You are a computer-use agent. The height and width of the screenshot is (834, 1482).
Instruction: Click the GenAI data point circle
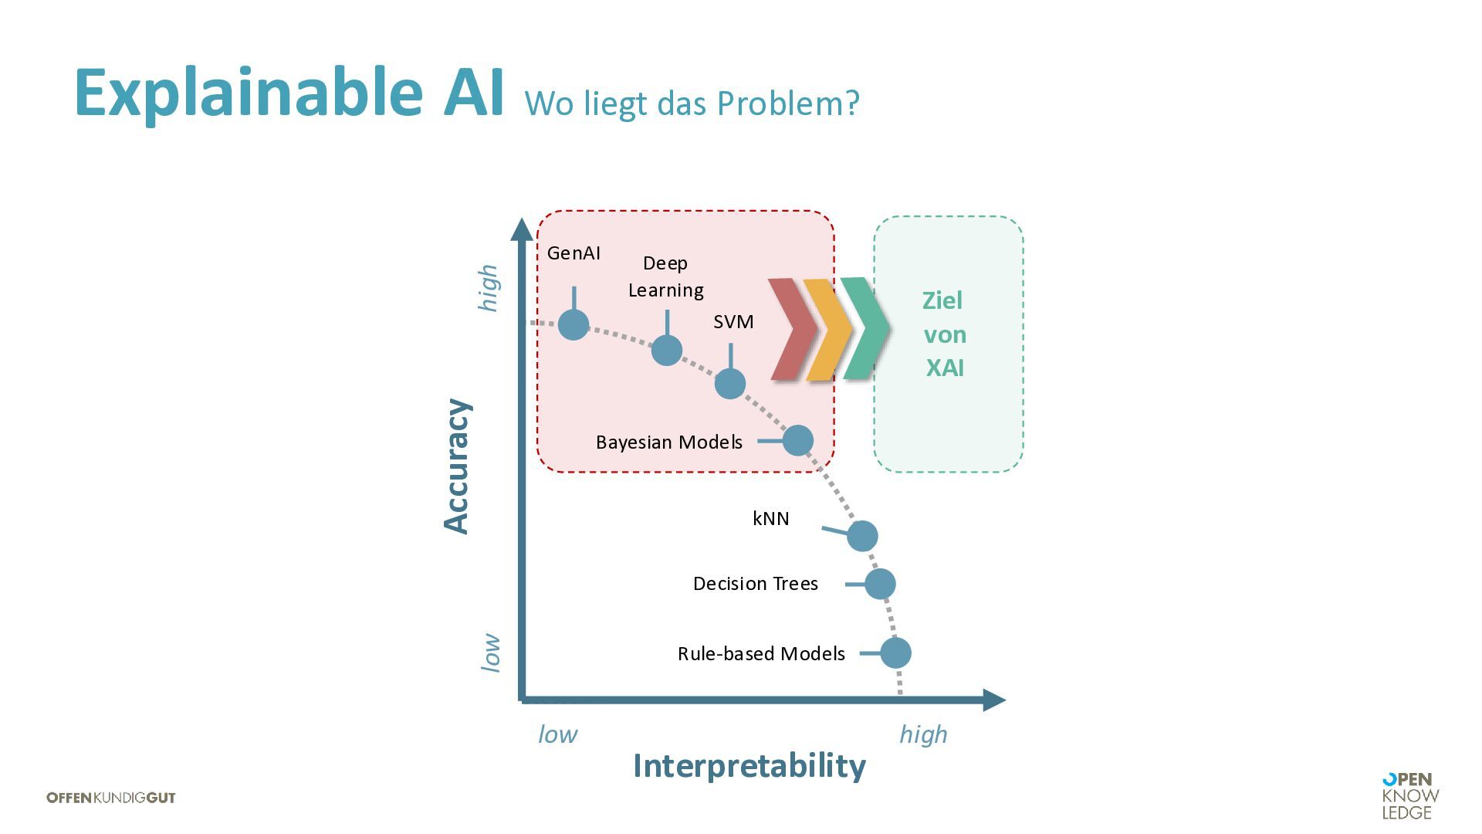(x=574, y=325)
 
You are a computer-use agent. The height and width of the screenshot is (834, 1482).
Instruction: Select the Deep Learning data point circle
(x=667, y=350)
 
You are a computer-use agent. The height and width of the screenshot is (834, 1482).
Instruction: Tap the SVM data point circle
(x=730, y=384)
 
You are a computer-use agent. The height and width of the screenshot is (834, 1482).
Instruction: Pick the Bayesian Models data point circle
(x=798, y=440)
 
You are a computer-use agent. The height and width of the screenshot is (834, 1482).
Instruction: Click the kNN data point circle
(x=862, y=535)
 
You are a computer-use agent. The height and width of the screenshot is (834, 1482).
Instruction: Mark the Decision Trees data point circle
(x=880, y=584)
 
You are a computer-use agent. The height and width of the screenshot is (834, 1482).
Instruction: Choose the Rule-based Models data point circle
(x=895, y=653)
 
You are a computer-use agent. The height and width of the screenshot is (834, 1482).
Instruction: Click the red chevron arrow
(x=792, y=330)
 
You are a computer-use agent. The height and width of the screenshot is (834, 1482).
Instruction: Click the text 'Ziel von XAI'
(x=944, y=334)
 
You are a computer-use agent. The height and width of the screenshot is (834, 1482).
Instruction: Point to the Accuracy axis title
(x=456, y=466)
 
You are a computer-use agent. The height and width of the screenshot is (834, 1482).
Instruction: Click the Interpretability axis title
(x=749, y=766)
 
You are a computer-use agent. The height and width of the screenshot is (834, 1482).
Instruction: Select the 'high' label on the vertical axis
(x=489, y=288)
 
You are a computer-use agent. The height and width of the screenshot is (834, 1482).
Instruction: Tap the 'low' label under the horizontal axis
(x=557, y=734)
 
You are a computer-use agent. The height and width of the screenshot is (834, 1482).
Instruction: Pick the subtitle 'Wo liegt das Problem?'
(x=692, y=103)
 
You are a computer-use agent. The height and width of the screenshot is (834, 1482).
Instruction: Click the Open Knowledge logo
(x=1410, y=796)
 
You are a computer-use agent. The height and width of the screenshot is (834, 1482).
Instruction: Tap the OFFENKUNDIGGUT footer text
(x=111, y=798)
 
